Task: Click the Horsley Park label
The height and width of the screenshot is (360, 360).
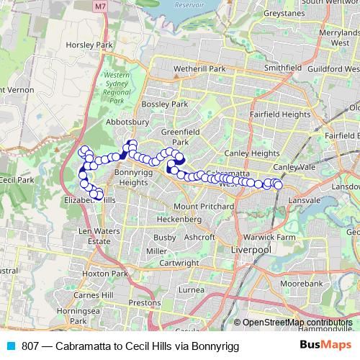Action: coord(90,45)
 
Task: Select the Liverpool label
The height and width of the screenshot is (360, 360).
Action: coord(250,249)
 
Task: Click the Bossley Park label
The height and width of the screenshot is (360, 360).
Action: coord(165,104)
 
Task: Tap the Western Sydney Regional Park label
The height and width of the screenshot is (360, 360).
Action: coord(117,87)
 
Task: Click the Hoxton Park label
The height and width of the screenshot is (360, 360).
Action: coord(105,274)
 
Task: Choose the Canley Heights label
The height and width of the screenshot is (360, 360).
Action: coord(252,153)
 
